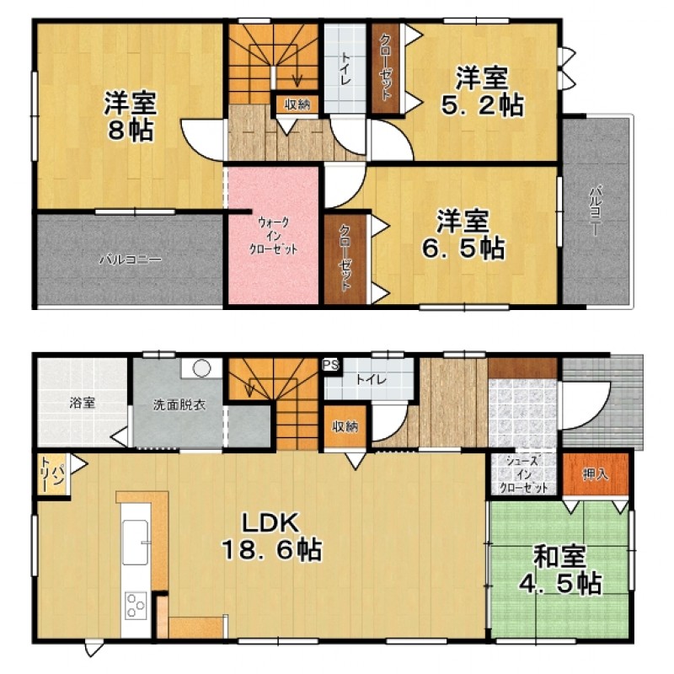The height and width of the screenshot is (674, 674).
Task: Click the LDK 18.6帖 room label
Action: point(271,537)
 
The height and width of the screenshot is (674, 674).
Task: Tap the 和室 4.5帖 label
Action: point(560,570)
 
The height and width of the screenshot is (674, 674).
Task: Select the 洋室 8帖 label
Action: point(131,116)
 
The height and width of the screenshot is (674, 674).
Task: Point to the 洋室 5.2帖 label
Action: point(482,91)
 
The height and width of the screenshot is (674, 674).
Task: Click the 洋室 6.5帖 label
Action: point(463,234)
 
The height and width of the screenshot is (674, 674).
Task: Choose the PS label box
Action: point(330,366)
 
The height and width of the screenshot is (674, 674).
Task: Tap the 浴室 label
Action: point(82,404)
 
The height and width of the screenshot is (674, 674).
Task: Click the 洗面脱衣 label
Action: point(179,404)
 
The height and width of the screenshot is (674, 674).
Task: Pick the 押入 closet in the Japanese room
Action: point(596,474)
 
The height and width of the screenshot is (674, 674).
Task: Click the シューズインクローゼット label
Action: point(523,475)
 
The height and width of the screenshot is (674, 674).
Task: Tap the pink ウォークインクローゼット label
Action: point(273,236)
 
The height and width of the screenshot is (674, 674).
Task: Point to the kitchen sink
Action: point(136,542)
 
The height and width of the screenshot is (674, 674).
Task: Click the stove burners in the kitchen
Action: point(136,606)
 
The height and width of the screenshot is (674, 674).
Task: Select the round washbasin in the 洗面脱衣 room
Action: point(201,368)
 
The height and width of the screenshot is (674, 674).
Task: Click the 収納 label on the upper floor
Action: point(297,104)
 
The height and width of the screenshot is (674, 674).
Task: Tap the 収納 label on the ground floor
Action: point(345,426)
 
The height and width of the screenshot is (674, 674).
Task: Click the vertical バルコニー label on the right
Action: point(596,210)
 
